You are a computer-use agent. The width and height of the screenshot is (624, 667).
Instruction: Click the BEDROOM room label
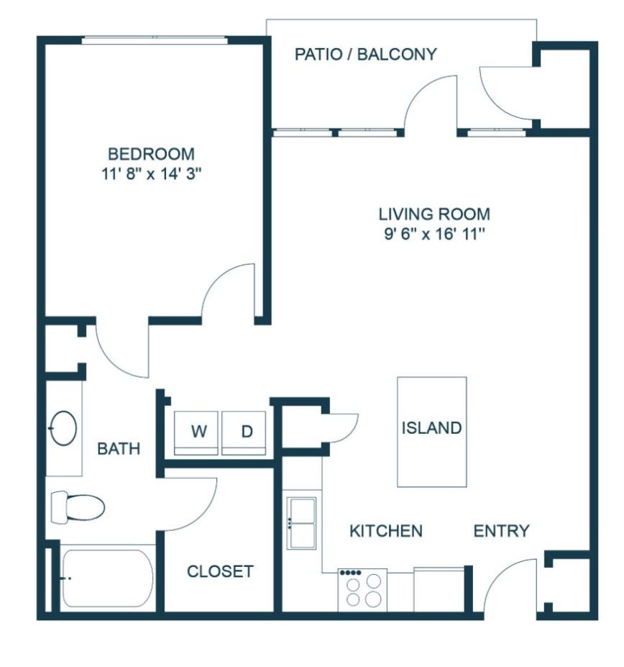pos(151,153)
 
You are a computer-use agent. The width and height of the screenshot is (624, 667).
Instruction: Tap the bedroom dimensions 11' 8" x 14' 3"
pos(151,173)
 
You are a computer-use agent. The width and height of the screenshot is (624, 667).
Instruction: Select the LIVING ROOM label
pos(434,214)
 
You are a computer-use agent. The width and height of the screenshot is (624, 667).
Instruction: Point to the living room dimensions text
pos(434,234)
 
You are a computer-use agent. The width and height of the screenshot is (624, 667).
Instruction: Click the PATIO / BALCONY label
pos(366,54)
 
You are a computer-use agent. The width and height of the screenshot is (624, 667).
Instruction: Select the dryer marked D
pos(244,432)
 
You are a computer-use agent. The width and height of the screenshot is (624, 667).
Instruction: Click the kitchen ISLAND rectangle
pos(432,432)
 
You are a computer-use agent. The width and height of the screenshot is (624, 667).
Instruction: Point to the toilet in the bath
pos(78,507)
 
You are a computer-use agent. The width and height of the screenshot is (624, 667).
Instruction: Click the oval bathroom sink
pos(63,428)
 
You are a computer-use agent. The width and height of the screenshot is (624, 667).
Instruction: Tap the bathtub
pos(107,578)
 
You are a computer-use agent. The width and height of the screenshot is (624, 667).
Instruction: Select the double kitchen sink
pos(302,523)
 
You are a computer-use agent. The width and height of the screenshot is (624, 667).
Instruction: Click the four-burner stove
pos(362,589)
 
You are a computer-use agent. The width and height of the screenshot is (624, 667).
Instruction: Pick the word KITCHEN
pos(386,531)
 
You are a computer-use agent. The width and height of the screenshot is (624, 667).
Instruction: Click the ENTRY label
pos(502,531)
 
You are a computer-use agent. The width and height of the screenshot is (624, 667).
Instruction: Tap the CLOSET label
pos(220,571)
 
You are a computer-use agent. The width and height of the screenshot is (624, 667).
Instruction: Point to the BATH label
pos(119,449)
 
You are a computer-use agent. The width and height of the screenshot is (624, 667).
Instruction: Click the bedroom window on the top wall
pos(155,40)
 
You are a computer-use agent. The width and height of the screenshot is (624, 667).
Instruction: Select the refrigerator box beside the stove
pos(439,589)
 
